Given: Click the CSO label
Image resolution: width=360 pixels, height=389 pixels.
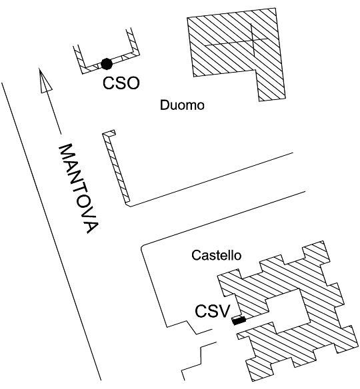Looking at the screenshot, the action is pyautogui.click(x=121, y=83).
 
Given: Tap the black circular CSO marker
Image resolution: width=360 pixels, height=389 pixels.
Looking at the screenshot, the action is pyautogui.click(x=107, y=64).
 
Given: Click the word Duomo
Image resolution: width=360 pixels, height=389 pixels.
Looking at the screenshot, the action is pyautogui.click(x=182, y=105).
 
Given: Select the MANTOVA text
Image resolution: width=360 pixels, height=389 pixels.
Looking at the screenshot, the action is pyautogui.click(x=79, y=189).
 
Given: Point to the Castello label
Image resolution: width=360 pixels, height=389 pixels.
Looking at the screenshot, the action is pyautogui.click(x=216, y=255).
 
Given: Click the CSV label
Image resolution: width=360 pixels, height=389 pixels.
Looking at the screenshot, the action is pyautogui.click(x=213, y=311).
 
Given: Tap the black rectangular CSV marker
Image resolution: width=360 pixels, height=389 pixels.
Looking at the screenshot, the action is pyautogui.click(x=239, y=320).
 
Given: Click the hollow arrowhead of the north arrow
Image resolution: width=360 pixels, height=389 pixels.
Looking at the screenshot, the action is pyautogui.click(x=45, y=82).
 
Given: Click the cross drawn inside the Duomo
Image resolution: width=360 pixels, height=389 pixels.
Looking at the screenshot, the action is pyautogui.click(x=252, y=42).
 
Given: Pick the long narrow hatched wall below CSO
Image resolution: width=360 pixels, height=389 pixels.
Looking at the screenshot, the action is pyautogui.click(x=116, y=167).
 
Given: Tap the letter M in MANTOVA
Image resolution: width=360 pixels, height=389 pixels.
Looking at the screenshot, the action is pyautogui.click(x=66, y=152).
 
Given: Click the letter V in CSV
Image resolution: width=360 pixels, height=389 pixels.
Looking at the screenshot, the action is pyautogui.click(x=225, y=311).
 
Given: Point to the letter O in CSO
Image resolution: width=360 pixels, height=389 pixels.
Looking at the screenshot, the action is pyautogui.click(x=133, y=83).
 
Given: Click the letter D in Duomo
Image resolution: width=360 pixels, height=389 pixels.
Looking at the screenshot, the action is pyautogui.click(x=165, y=105).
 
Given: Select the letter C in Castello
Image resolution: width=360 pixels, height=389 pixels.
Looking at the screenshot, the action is pyautogui.click(x=196, y=255).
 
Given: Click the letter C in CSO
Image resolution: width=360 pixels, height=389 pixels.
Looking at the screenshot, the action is pyautogui.click(x=109, y=83).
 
